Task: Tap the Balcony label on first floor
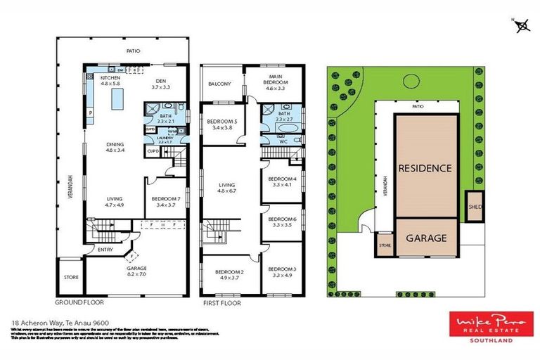219,84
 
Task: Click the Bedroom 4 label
282,181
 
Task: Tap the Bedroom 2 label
229,274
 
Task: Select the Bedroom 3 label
282,271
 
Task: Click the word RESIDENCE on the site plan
425,169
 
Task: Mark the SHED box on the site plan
474,207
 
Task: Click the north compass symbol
522,26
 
